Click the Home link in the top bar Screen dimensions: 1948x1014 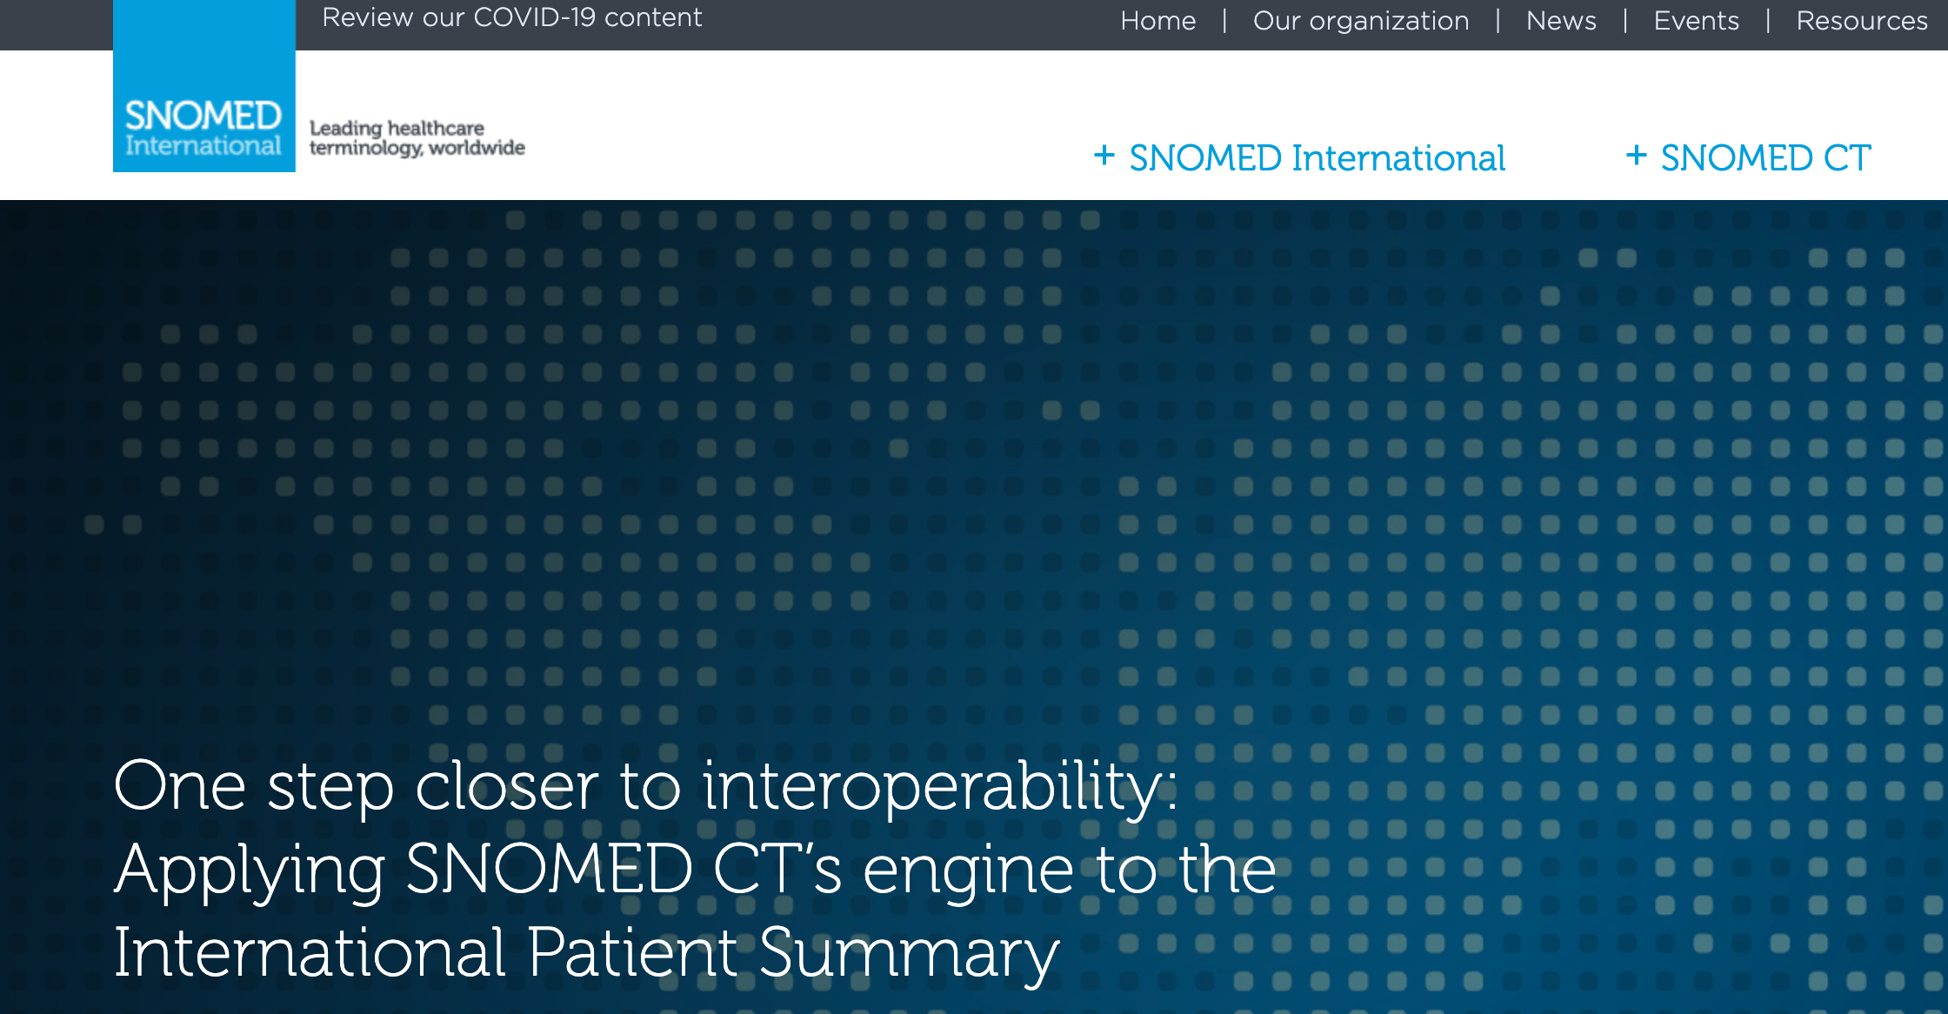(x=1157, y=21)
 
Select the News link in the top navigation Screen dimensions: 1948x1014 (x=1561, y=21)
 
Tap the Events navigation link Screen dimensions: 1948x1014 (x=1696, y=21)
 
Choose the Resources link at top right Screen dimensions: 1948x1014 (x=1862, y=21)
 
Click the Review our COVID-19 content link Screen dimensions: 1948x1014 (x=512, y=17)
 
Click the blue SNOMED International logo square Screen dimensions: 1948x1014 (x=204, y=86)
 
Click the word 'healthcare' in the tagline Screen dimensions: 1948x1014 (x=436, y=128)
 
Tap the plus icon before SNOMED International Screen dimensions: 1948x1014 (x=1104, y=156)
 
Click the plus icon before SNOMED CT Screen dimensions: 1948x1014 (x=1637, y=156)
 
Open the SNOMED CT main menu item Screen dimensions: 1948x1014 (x=1765, y=158)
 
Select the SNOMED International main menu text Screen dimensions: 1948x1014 (x=1317, y=158)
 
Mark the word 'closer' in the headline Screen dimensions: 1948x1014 (x=507, y=785)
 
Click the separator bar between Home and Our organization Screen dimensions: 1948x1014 (x=1224, y=21)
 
